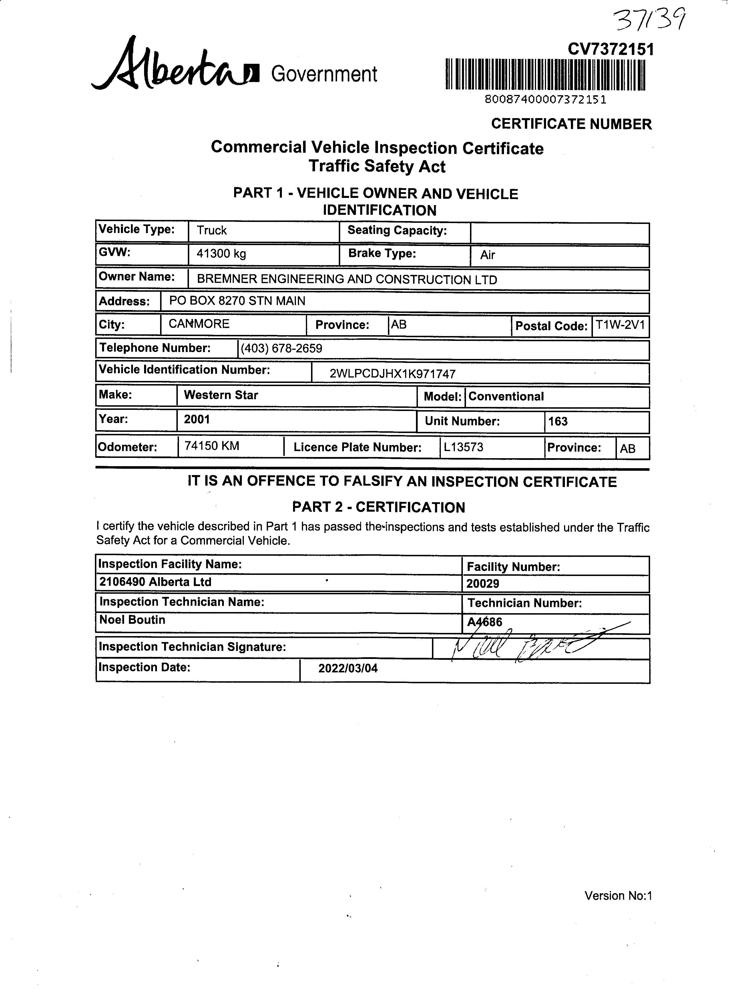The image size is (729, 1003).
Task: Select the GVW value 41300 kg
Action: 221,254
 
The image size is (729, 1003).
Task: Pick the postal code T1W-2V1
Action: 620,325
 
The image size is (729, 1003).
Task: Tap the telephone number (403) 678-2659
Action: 281,348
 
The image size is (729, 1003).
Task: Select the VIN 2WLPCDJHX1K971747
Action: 392,374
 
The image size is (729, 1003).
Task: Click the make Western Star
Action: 221,395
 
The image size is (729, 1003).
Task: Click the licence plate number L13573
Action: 463,447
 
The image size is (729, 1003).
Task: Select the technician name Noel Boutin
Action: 132,620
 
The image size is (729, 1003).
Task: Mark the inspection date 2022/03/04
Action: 348,668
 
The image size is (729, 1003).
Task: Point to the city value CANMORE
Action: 199,324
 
